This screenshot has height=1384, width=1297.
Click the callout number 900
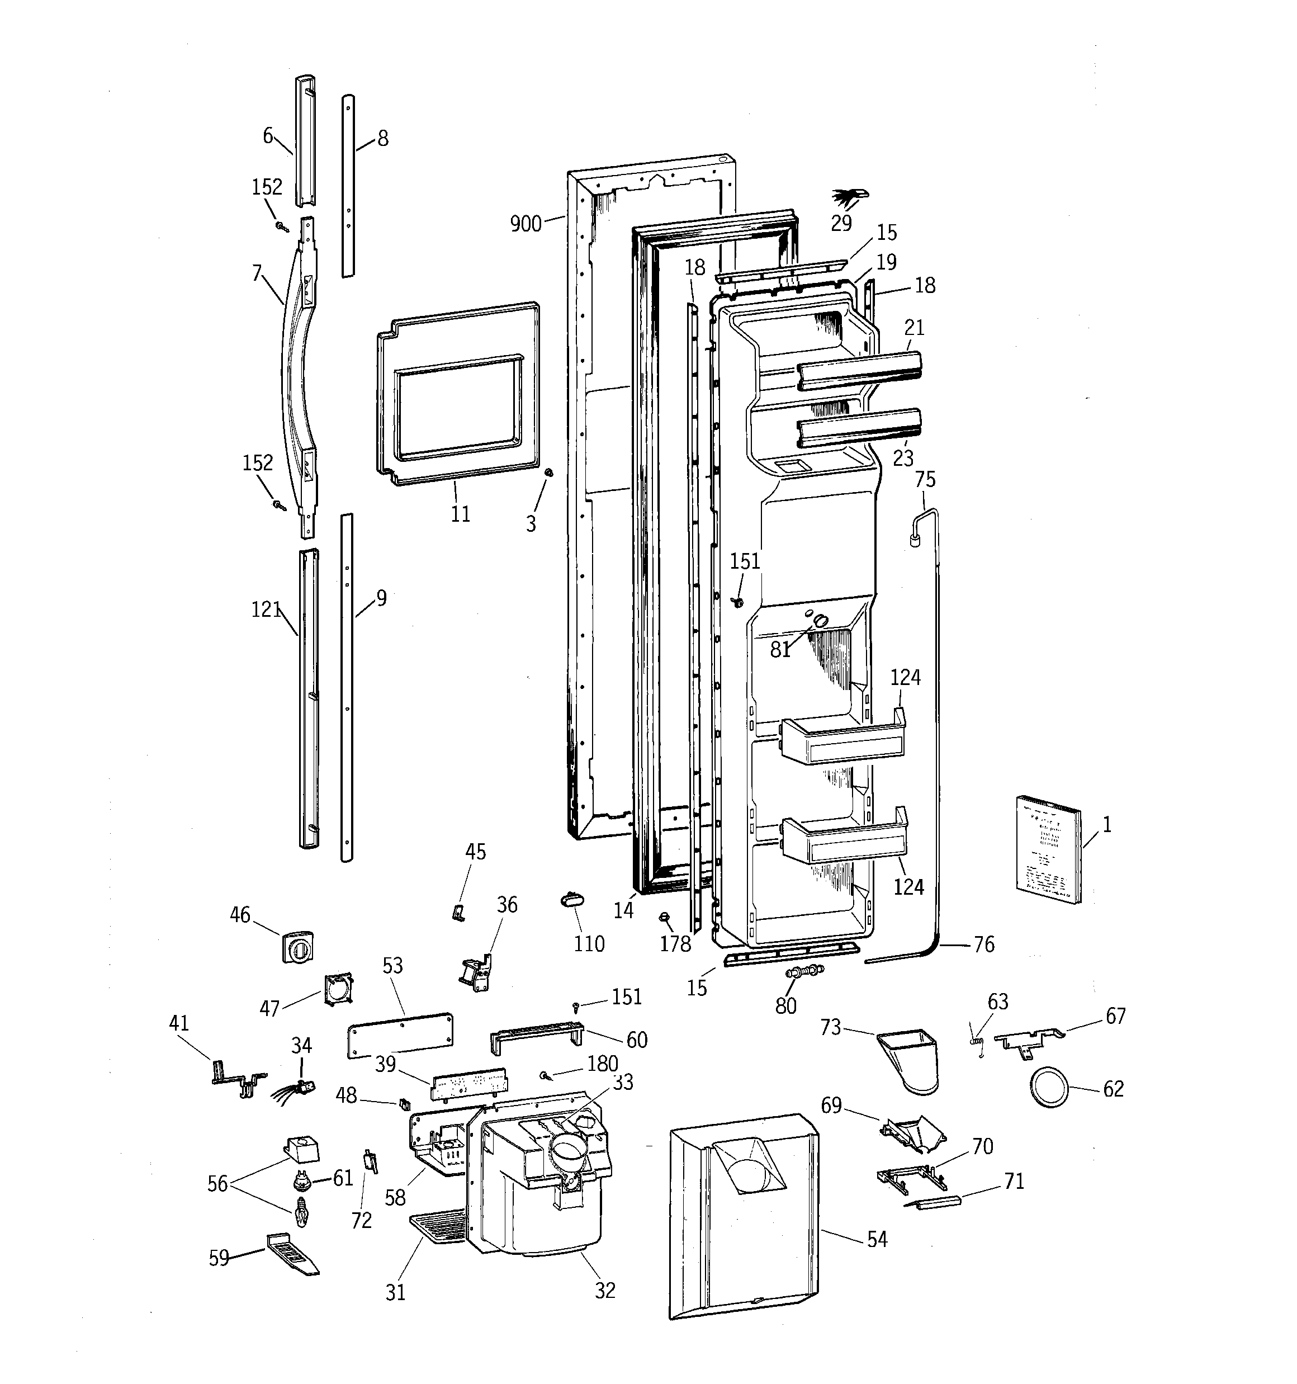click(526, 224)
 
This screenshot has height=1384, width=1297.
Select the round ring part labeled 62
click(1048, 1088)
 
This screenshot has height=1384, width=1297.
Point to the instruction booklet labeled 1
click(1048, 849)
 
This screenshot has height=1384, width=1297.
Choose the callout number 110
click(589, 944)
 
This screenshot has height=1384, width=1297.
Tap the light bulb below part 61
click(301, 1213)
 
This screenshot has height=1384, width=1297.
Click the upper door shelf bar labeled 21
click(860, 370)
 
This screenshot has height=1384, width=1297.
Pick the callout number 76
click(984, 944)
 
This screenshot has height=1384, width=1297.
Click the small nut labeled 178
click(664, 918)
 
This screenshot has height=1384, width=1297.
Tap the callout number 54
click(877, 1239)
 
